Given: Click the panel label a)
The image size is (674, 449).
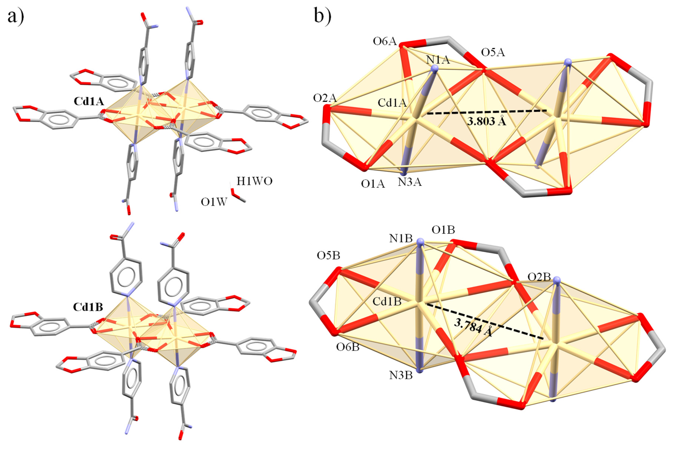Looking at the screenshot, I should pos(16,17).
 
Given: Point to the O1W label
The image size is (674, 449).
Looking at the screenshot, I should pos(214,202).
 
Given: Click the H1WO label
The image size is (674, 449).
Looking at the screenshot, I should pos(254,181).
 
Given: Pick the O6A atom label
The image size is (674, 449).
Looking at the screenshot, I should pos(385,42).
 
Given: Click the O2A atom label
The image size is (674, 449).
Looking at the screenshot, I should pos(325,98).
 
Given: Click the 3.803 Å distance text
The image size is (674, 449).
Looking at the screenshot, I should pos(487,121).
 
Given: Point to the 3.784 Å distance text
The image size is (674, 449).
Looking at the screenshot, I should pos(473,328).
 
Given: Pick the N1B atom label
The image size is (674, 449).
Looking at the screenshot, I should pos(401,239).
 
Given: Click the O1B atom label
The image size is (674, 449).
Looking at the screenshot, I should pos(443,230).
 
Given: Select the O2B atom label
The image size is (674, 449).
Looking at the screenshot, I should pos(539,277).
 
